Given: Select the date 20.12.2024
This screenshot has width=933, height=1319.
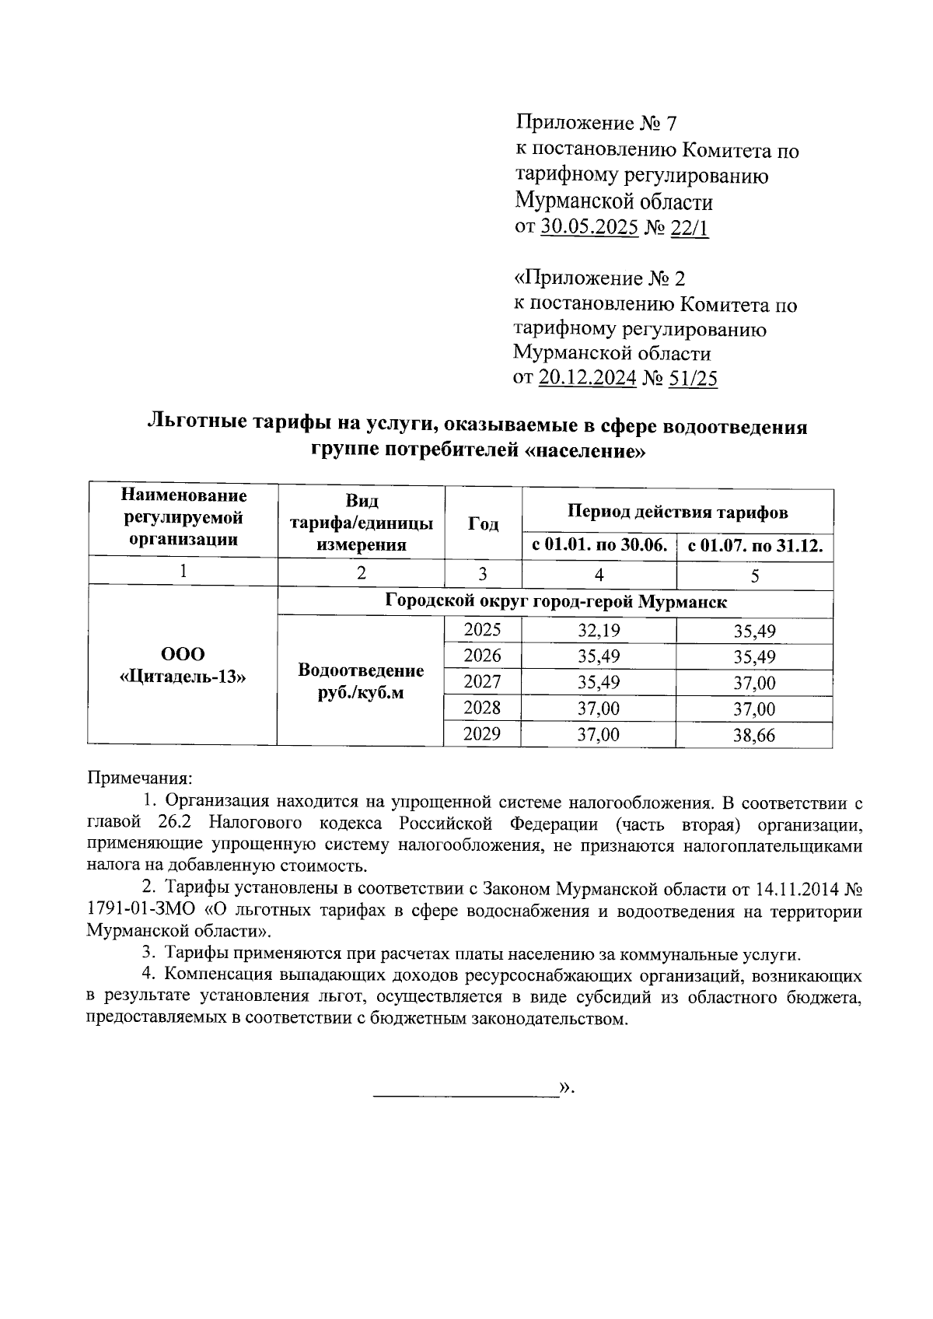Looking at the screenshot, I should (x=588, y=378).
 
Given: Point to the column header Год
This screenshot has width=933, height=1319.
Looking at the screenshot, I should (x=483, y=523).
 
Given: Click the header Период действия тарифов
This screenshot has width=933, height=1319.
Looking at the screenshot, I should (x=677, y=512).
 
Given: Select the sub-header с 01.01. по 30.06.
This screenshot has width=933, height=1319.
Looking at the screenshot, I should (x=599, y=545).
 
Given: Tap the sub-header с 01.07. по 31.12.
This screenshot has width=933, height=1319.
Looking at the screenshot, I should (x=755, y=545).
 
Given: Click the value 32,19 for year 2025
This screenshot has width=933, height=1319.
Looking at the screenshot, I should (x=599, y=631).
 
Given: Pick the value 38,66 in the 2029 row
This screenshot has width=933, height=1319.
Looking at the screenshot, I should (x=754, y=735).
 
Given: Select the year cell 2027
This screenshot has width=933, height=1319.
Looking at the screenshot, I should (x=482, y=682).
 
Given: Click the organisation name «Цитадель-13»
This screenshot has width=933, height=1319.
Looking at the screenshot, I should (x=183, y=676).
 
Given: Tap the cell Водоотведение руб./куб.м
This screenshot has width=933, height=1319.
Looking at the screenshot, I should (x=361, y=681).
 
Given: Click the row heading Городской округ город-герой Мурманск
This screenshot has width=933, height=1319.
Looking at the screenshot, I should (x=555, y=602).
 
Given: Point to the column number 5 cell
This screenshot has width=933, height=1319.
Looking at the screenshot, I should (x=755, y=575).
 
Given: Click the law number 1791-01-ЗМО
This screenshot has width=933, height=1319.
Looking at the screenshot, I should (x=135, y=911).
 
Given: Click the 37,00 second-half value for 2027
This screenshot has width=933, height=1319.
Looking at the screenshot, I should (x=754, y=683).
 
